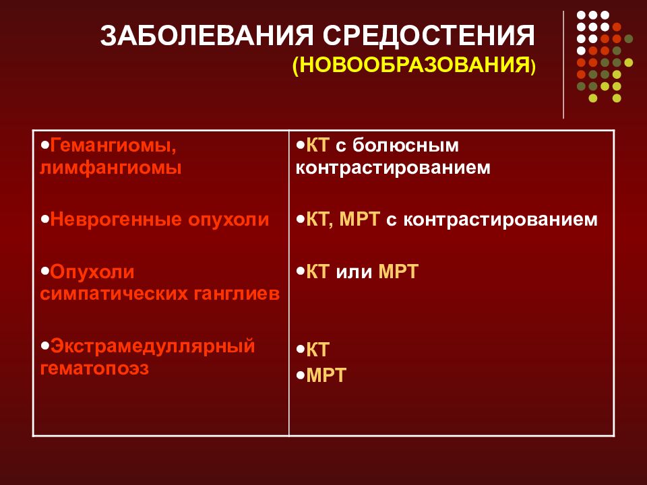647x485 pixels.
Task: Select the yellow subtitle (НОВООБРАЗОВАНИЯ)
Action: point(414,66)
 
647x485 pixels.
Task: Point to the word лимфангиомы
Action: point(111,168)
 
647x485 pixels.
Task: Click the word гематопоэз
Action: point(94,368)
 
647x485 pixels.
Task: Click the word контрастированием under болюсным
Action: point(392,168)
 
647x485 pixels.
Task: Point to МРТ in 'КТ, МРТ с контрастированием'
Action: point(361,220)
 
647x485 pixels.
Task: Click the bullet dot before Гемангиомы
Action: point(44,144)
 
